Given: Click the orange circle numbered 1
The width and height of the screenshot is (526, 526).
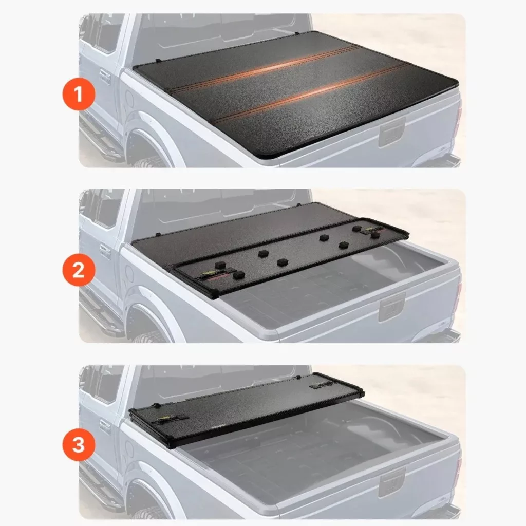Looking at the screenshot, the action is click(79, 94).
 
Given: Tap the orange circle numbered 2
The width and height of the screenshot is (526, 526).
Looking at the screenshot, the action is click(79, 270).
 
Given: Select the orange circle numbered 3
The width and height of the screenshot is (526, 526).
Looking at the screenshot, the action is click(79, 445).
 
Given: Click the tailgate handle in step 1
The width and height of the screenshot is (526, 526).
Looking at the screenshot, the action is click(392, 133).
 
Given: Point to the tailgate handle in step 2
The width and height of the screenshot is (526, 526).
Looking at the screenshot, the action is click(392, 308).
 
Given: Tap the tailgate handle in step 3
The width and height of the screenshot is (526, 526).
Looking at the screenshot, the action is click(392, 483).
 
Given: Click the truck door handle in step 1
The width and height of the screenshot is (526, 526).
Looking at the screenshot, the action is click(105, 77).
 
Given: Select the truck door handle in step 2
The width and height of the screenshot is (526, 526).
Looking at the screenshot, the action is click(105, 252).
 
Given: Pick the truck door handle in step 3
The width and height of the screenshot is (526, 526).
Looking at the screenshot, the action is click(105, 427).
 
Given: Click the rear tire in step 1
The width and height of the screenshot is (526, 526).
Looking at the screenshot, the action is click(147, 161).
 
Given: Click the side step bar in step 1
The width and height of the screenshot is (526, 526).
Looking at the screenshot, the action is click(99, 140).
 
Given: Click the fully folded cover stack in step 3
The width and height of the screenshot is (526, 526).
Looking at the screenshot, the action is click(246, 410).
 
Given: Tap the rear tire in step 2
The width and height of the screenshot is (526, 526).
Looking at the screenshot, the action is click(147, 336).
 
